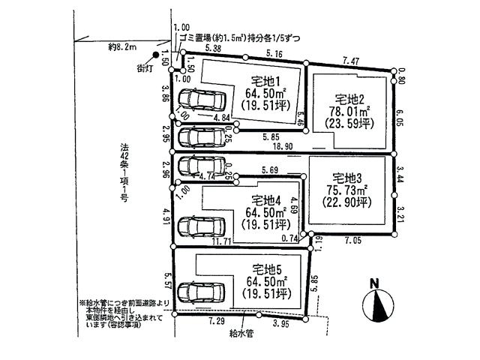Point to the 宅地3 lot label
[347, 178]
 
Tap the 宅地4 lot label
[265, 199]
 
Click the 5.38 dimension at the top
[212, 47]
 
